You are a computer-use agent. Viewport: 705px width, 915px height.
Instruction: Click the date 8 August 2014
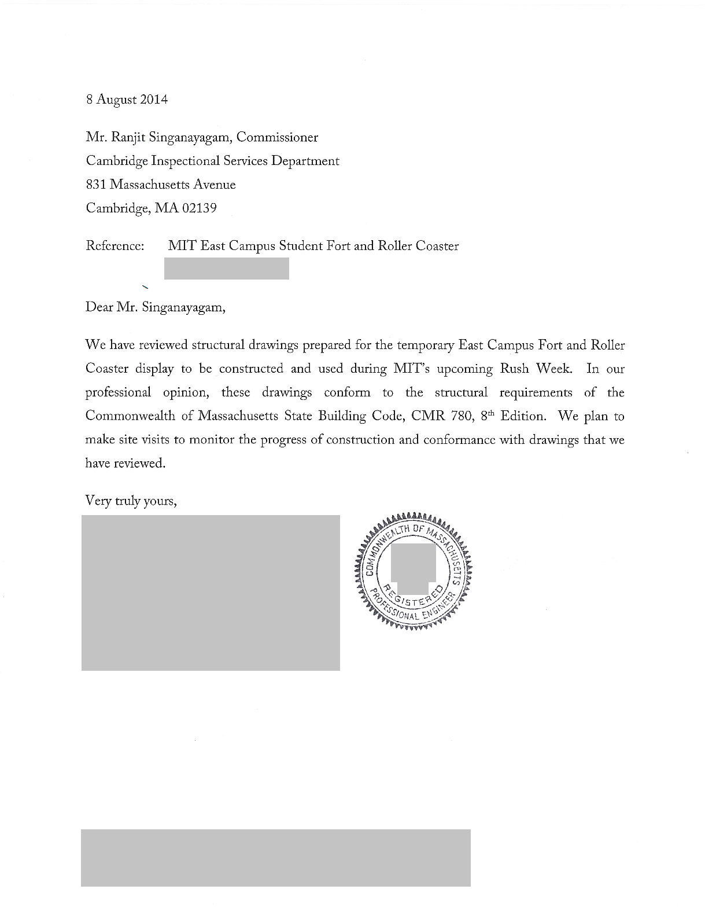127,100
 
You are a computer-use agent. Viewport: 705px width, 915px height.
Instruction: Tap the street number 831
96,185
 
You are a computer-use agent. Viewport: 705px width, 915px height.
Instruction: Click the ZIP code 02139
199,208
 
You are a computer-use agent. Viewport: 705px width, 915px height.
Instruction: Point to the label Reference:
115,246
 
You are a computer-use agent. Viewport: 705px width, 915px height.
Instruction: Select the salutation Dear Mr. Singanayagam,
155,307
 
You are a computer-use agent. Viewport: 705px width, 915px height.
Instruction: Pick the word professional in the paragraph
118,393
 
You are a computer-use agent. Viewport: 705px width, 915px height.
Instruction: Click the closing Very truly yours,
131,501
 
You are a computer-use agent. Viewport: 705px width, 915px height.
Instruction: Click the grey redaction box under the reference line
226,269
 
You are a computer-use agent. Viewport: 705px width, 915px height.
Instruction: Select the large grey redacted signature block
211,593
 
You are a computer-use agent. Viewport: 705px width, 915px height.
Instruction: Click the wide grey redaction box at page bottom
275,858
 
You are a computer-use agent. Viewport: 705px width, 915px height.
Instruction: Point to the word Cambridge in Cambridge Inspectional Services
113,161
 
